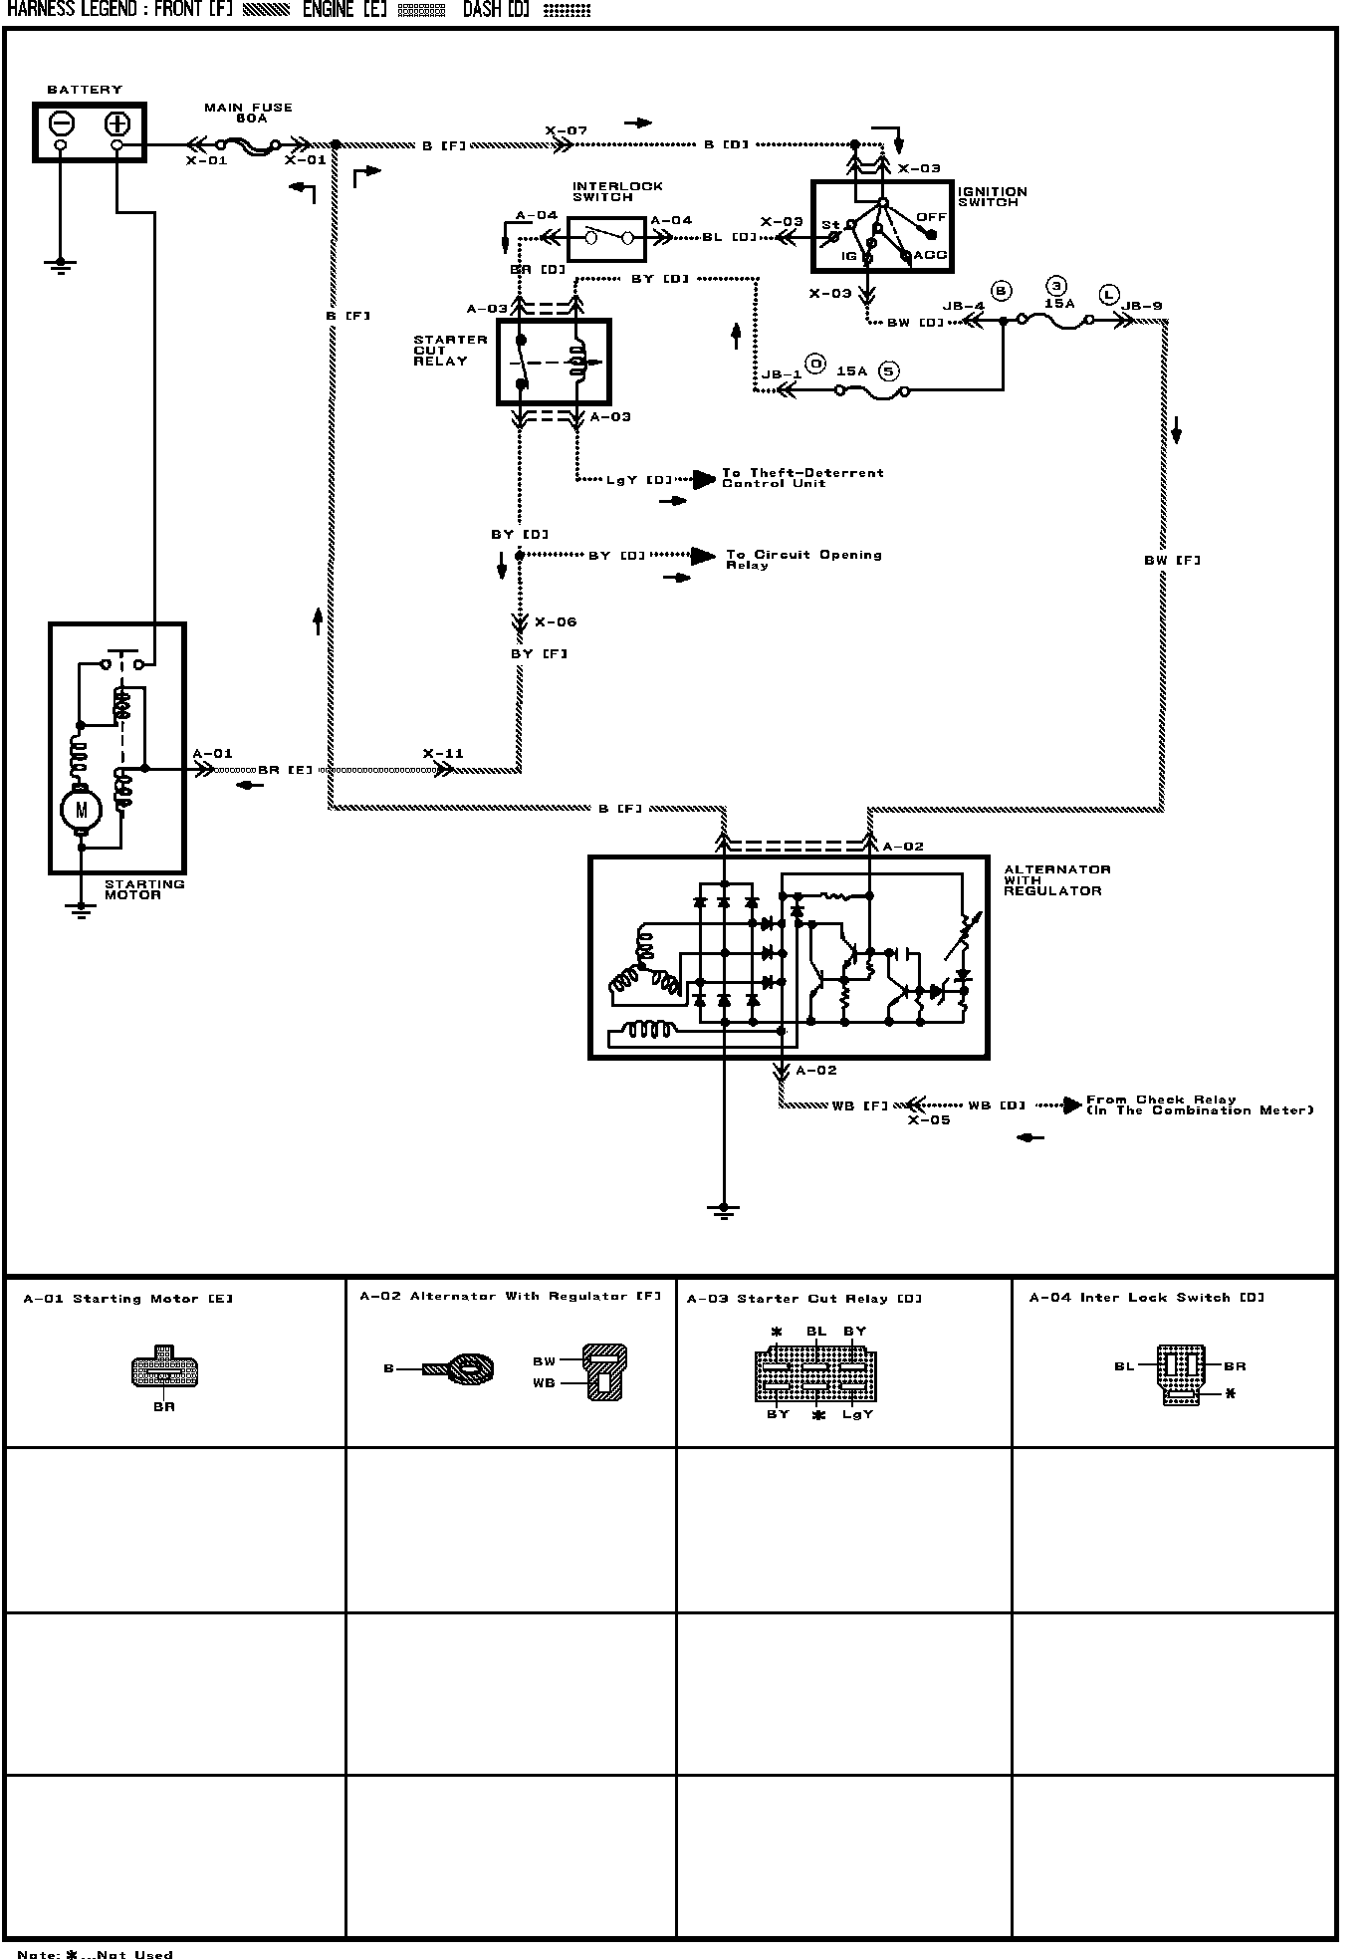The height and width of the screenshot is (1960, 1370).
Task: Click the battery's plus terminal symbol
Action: pyautogui.click(x=117, y=123)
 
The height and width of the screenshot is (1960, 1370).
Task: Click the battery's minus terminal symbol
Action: pyautogui.click(x=61, y=123)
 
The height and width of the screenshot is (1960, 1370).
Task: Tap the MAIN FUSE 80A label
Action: pyautogui.click(x=248, y=113)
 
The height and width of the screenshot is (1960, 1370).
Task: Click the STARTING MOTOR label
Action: pyautogui.click(x=144, y=889)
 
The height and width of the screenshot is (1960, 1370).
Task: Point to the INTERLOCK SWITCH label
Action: pyautogui.click(x=617, y=192)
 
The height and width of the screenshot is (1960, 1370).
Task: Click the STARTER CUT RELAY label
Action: pyautogui.click(x=450, y=351)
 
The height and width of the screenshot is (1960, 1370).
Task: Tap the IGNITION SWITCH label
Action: pyautogui.click(x=993, y=197)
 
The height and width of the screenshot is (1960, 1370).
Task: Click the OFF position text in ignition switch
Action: pyautogui.click(x=931, y=217)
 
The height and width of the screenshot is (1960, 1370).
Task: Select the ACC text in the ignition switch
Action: pyautogui.click(x=930, y=255)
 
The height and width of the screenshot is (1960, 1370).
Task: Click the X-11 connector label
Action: pyautogui.click(x=443, y=754)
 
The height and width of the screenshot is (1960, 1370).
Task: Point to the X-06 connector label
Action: pyautogui.click(x=556, y=622)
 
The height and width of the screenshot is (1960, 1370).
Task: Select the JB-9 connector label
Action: pyautogui.click(x=1142, y=306)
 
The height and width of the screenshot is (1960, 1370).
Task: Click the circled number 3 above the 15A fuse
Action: pyautogui.click(x=1057, y=284)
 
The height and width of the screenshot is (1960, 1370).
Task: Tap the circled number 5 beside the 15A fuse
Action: pyautogui.click(x=889, y=370)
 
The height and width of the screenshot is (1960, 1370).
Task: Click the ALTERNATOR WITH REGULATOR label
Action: pyautogui.click(x=1057, y=880)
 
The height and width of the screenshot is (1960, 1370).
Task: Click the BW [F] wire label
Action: pyautogui.click(x=1172, y=561)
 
